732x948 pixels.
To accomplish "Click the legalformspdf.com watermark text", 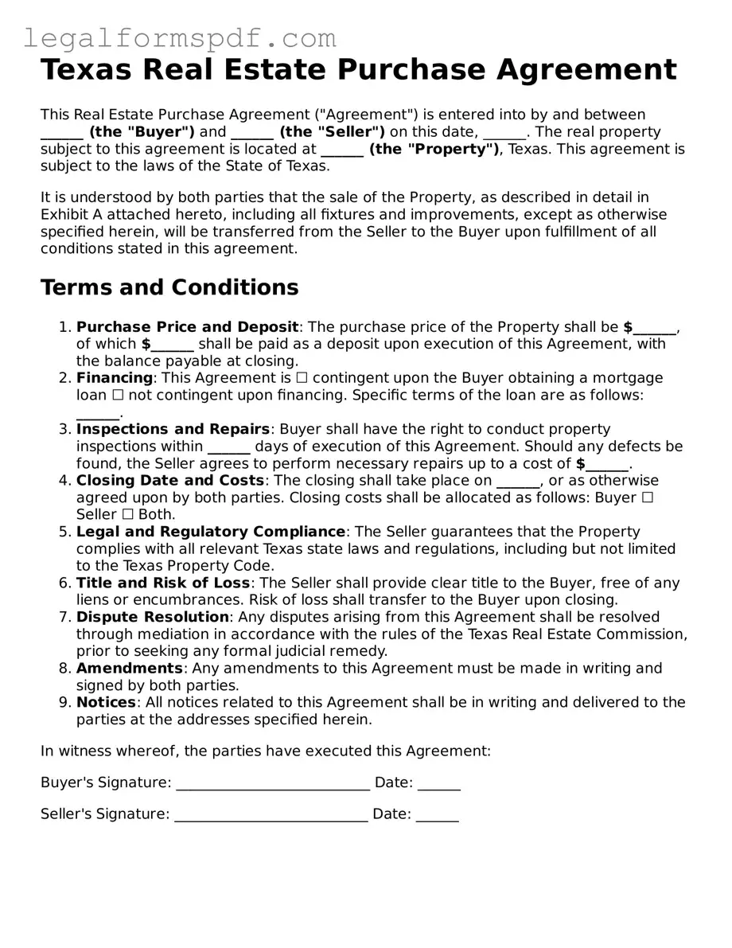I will [180, 37].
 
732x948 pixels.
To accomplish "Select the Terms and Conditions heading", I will [169, 287].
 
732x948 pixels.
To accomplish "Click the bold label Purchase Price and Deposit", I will [187, 327].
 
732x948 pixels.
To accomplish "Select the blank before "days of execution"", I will [228, 447].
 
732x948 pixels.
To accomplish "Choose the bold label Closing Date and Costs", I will [169, 481].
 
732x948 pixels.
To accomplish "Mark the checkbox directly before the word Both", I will [128, 515].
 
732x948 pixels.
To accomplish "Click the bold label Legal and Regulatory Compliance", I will [211, 532].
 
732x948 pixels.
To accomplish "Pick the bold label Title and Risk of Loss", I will [163, 583].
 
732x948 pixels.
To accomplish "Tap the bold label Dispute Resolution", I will [152, 618].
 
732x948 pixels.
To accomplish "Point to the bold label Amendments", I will [130, 669].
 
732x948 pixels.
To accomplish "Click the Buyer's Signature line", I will [272, 783].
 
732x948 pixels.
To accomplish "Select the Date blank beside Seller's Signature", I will [437, 814].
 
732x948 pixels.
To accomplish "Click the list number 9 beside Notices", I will [64, 703].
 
